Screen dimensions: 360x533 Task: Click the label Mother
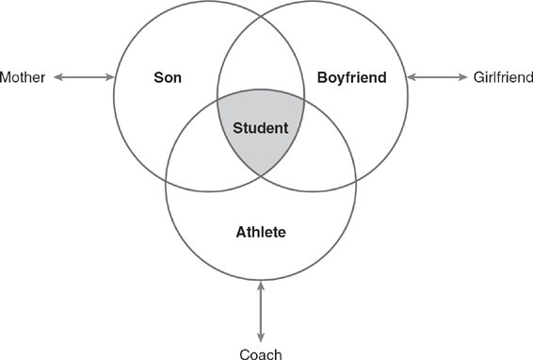click(x=24, y=76)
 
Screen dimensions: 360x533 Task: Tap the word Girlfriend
click(x=502, y=76)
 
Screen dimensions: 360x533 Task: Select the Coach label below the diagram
click(x=261, y=352)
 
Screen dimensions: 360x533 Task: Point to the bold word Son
click(x=168, y=77)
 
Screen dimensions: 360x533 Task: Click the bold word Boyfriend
click(x=351, y=77)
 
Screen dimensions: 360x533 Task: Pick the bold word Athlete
click(x=261, y=231)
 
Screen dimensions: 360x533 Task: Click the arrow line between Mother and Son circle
click(x=84, y=76)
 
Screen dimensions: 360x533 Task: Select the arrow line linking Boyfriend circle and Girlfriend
click(x=439, y=76)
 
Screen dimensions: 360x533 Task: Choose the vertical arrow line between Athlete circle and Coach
click(x=261, y=311)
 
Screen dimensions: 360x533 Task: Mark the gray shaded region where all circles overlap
click(x=261, y=141)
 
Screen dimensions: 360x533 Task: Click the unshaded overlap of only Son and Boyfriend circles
click(x=261, y=66)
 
